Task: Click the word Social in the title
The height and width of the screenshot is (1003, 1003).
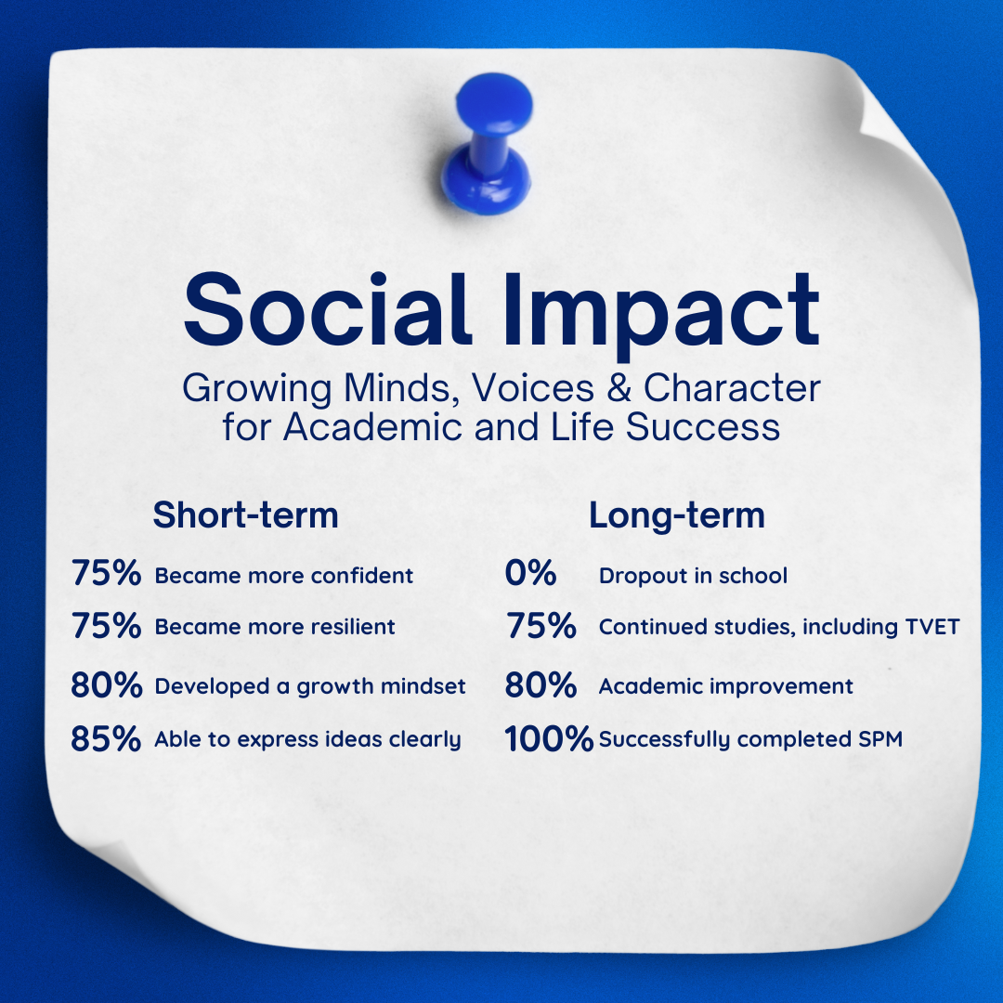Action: (327, 309)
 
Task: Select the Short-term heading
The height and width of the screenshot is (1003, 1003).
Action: (245, 515)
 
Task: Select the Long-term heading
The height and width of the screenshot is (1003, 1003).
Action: (677, 515)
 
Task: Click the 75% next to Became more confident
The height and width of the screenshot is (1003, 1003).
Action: (106, 572)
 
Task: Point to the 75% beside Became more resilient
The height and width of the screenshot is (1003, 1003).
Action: (106, 625)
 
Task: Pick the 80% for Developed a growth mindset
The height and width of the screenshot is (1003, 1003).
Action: (106, 685)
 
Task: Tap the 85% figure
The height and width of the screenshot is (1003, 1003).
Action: (106, 738)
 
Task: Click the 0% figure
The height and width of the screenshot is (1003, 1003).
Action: (530, 572)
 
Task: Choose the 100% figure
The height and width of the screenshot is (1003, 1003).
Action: (549, 738)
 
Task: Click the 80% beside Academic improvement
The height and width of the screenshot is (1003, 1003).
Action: (541, 685)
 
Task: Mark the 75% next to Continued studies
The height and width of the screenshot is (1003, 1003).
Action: (541, 625)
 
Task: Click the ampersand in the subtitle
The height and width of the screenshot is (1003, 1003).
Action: (619, 388)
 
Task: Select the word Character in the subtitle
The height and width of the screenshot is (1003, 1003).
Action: (732, 388)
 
